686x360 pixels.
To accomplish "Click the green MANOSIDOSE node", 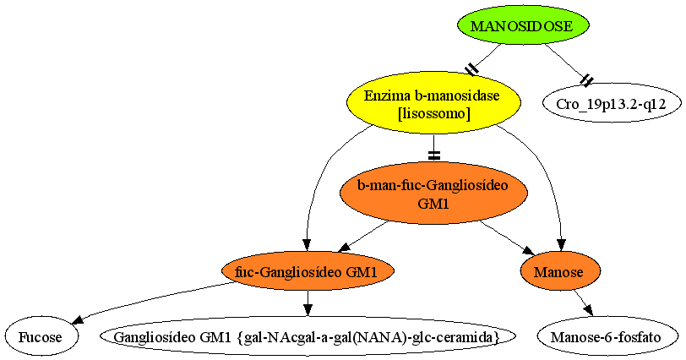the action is point(522,26).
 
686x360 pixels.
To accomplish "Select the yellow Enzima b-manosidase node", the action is point(433,104).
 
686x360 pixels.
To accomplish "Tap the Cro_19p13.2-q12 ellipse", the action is point(611,104).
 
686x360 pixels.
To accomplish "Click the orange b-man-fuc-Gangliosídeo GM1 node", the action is point(433,194).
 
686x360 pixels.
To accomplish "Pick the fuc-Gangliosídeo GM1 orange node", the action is point(308,271).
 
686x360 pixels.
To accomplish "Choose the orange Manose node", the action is point(559,271).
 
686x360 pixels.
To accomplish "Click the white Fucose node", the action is point(41,337).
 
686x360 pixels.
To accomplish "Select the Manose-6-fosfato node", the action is point(606,337).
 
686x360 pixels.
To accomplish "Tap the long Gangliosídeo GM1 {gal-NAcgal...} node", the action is point(308,337).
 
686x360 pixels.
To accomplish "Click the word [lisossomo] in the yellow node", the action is point(433,114).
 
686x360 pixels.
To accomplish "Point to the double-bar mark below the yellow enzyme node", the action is point(433,155).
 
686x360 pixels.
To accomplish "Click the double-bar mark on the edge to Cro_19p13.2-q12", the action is point(586,79).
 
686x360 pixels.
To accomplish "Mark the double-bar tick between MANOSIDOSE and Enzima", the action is point(471,69).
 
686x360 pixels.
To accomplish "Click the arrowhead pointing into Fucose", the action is point(78,319).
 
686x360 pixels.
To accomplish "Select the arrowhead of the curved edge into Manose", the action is point(561,245).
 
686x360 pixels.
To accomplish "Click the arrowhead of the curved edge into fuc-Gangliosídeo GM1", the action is point(307,245).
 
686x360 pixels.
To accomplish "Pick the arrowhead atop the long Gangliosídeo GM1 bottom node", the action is point(308,309).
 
